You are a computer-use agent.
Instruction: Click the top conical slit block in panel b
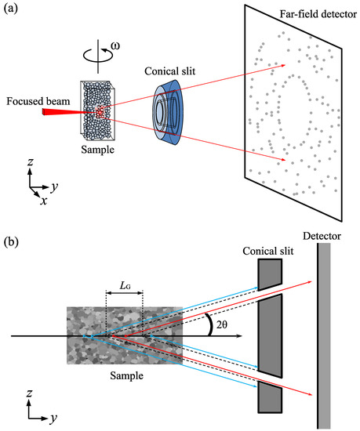pyautogui.click(x=269, y=273)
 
